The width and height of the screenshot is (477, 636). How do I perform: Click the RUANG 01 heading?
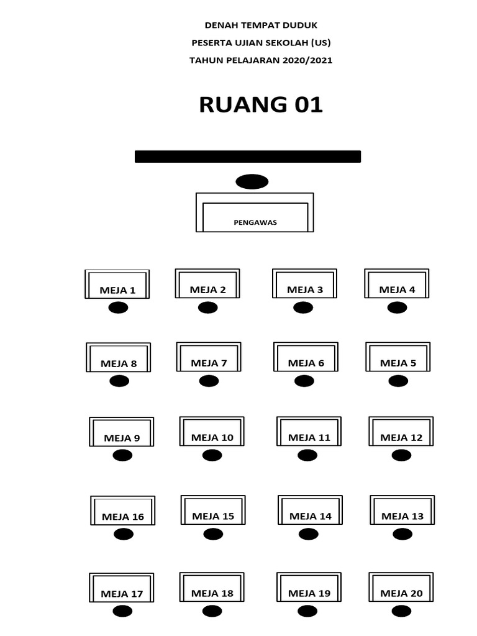click(x=261, y=105)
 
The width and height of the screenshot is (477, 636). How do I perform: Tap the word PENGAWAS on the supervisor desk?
click(x=255, y=222)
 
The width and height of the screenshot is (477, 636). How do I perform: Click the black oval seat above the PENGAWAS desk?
click(x=252, y=181)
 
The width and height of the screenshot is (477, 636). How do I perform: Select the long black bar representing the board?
click(x=248, y=157)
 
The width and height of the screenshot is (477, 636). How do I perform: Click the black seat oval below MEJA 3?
click(x=303, y=307)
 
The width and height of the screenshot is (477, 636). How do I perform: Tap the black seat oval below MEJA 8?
click(x=119, y=381)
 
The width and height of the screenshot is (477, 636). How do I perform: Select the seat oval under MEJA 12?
click(x=401, y=455)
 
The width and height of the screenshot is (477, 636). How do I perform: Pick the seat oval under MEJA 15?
click(x=213, y=534)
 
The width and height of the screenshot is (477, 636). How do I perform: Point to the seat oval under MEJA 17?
click(x=122, y=612)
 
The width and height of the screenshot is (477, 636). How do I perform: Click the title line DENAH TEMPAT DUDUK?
click(x=261, y=25)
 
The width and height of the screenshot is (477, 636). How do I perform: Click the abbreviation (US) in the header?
click(x=317, y=43)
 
